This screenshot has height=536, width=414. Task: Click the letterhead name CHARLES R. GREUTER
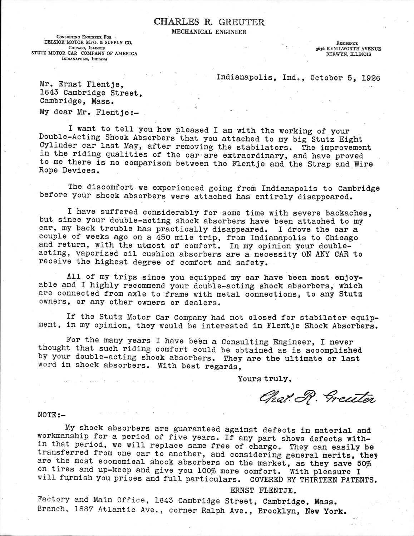(209, 22)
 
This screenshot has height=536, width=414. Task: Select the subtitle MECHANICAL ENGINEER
(209, 32)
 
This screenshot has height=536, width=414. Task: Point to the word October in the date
(325, 78)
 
